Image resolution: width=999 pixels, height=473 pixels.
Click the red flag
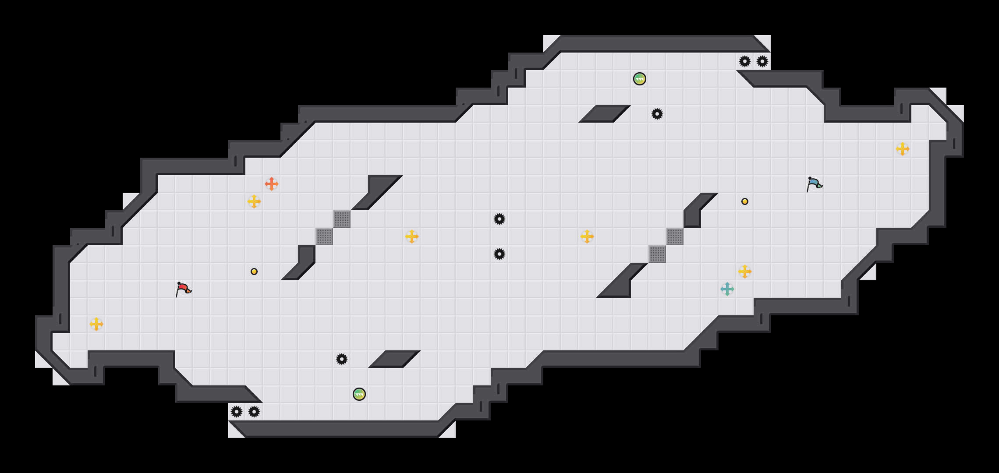coord(183,289)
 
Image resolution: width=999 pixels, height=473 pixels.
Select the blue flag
coord(814,184)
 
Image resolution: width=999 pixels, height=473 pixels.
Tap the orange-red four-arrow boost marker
coord(272,184)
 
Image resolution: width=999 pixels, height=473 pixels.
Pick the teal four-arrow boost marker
coord(727,289)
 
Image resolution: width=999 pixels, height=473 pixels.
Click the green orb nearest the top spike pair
coord(640,79)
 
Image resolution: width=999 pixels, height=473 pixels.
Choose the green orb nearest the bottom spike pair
coord(359,394)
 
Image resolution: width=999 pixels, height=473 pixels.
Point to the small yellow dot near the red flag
coord(254,272)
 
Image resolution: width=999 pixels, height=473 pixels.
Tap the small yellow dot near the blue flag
coord(745,201)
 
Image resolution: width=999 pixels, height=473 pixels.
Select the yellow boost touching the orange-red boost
coord(254,201)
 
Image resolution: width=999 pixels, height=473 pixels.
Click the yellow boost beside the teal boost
coord(745,272)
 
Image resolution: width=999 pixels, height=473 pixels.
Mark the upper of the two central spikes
coord(499,219)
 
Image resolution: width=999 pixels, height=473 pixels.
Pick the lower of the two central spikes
coord(499,254)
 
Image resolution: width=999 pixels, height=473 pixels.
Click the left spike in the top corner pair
coord(745,61)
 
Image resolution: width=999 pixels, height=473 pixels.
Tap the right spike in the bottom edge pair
coord(254,412)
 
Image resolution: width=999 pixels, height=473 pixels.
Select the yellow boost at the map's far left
coord(96,324)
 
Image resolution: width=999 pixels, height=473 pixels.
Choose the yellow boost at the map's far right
coord(903,149)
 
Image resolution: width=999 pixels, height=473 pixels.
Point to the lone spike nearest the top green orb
coord(657,114)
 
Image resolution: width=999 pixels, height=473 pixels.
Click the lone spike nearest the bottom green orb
coord(342,359)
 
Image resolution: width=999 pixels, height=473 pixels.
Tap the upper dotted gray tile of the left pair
coord(342,219)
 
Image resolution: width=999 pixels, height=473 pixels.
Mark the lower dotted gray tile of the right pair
coord(657,254)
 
